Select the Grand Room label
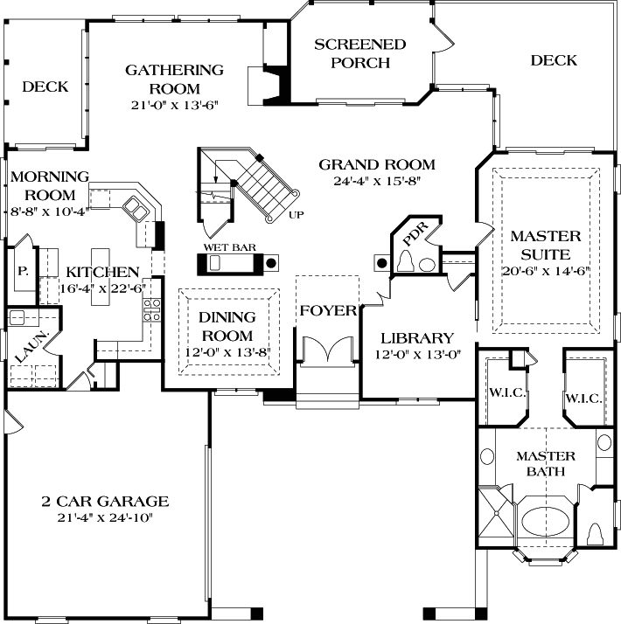(376, 164)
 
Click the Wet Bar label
(230, 247)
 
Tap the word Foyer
(328, 310)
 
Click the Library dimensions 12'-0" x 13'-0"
(417, 355)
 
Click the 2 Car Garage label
(105, 502)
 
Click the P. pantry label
(23, 272)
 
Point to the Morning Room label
(49, 185)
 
